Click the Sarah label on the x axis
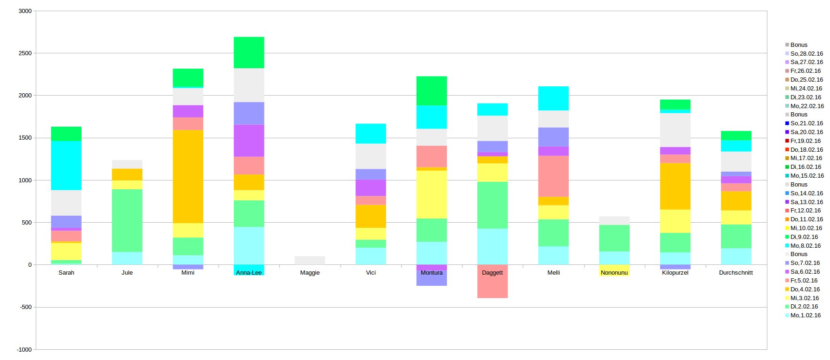tap(66, 273)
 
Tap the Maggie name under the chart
tap(310, 273)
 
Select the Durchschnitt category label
tap(736, 273)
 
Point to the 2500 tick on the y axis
tap(25, 53)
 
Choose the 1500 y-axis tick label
tap(25, 138)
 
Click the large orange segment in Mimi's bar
tap(188, 176)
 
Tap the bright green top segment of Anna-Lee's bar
tap(249, 52)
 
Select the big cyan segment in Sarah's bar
tap(66, 165)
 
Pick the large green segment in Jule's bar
tap(127, 220)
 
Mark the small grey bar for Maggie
tap(310, 260)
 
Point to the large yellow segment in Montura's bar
tap(431, 194)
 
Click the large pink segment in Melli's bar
tap(553, 176)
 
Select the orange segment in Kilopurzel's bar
tap(675, 186)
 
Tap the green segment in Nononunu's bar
tap(614, 238)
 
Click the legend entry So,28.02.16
tap(806, 54)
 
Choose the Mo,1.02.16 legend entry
tap(805, 315)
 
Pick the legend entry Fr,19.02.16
tap(805, 141)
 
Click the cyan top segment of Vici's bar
tap(371, 134)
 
